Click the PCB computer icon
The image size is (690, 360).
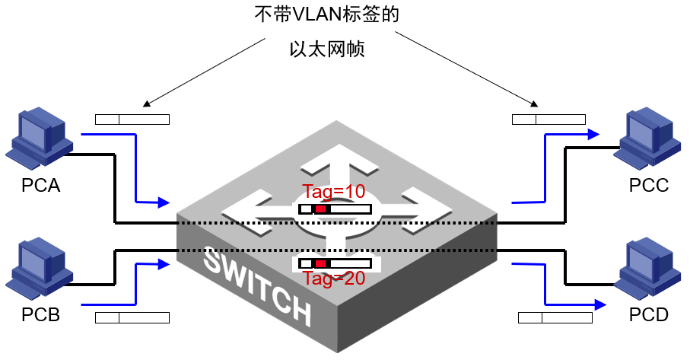coord(38,270)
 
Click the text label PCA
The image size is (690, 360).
coord(41,185)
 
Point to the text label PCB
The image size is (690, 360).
coord(41,314)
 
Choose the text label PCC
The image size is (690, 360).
coord(649,185)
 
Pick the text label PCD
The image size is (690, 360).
coord(649,314)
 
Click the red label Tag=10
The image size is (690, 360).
coord(334,191)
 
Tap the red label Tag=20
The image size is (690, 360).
coord(334,279)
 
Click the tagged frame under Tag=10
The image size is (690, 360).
coord(335,209)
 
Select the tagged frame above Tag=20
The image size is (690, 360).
coord(335,263)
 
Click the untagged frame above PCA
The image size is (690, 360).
coord(132,119)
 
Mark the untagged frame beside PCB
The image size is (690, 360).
coord(132,317)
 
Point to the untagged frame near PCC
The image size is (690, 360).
coord(549,119)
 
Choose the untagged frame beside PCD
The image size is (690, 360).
coord(555,317)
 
